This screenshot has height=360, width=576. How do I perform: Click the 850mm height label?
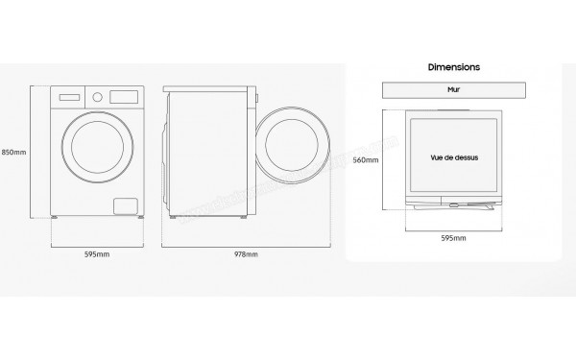[13, 152]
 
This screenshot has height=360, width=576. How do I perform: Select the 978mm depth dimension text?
[246, 255]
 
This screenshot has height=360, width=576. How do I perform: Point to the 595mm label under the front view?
[95, 255]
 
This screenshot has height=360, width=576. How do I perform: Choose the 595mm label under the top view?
[452, 236]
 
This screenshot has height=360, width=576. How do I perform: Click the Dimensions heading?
[453, 69]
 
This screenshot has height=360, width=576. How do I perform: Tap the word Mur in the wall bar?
[453, 90]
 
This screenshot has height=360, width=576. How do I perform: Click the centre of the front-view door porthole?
[95, 153]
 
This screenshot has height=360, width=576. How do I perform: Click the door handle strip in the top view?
[452, 204]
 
